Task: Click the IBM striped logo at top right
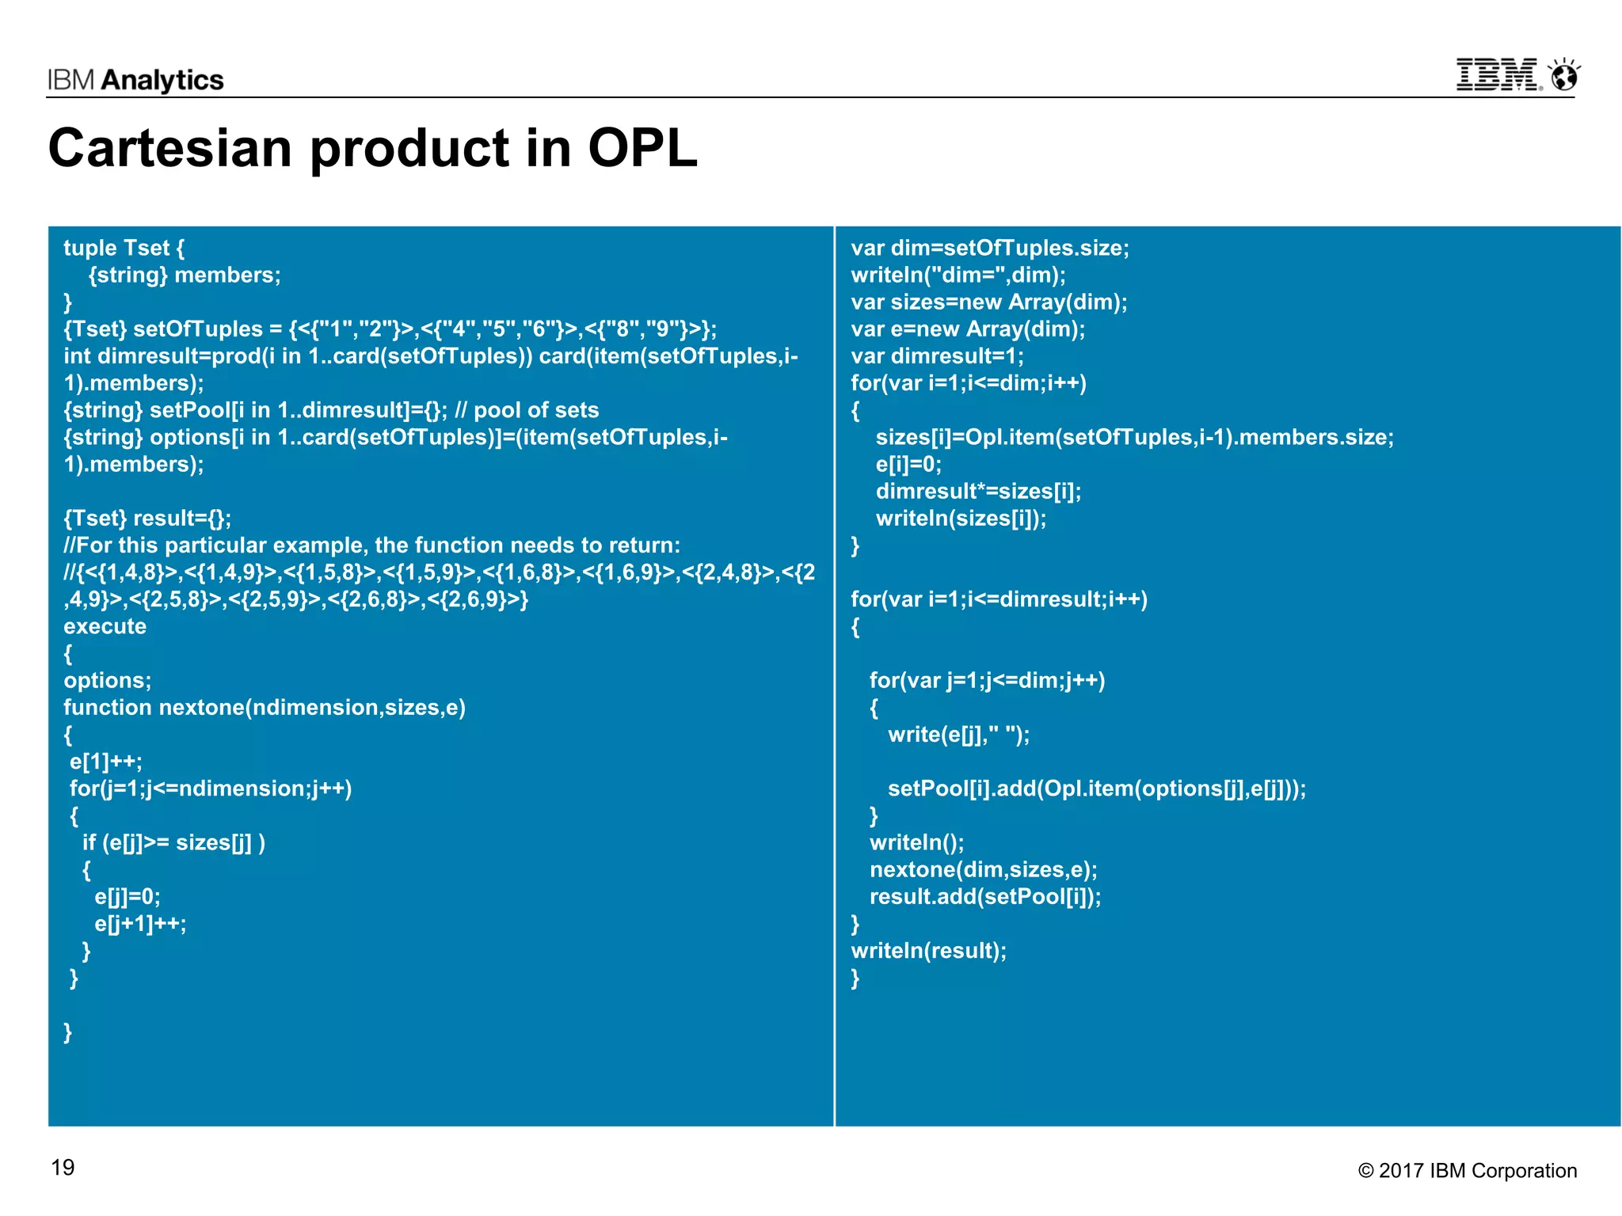1498,75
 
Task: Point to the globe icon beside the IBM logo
1565,76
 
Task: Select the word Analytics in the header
163,80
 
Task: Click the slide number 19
63,1168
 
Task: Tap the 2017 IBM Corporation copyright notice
1468,1171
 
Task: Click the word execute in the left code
105,626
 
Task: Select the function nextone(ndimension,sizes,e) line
265,707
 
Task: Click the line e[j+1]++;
140,924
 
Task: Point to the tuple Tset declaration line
124,248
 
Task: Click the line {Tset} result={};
147,519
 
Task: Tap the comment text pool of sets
536,410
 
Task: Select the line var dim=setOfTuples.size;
990,248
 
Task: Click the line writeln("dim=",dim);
958,275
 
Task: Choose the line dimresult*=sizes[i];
978,492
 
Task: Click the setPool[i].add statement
1097,788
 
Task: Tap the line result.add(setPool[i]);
985,897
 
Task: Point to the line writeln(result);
928,951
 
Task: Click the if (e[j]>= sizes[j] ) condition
173,842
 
